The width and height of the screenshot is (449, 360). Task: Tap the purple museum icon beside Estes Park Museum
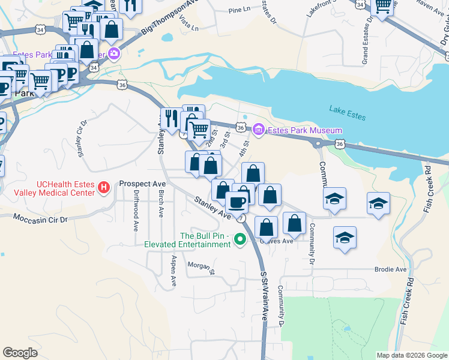click(258, 130)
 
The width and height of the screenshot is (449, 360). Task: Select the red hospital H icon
click(104, 188)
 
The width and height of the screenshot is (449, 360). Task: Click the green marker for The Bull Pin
click(240, 239)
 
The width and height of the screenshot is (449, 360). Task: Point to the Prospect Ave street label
click(142, 183)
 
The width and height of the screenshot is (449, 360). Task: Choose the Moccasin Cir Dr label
click(41, 220)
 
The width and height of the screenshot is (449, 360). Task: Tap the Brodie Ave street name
click(390, 269)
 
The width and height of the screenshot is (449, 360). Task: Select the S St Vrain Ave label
click(264, 298)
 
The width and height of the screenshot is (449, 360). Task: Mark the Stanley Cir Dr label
click(83, 138)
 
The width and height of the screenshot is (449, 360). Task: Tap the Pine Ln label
click(240, 10)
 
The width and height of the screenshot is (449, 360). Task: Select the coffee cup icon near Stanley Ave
click(237, 202)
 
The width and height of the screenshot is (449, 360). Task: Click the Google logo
click(20, 352)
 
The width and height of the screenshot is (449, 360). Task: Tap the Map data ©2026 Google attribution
click(411, 355)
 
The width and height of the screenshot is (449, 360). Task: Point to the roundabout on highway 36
click(318, 143)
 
